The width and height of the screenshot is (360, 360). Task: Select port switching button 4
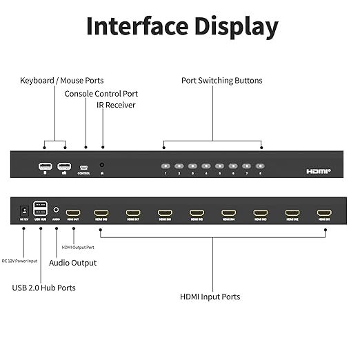pyautogui.click(x=206, y=166)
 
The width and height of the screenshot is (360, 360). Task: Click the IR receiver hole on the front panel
pyautogui.click(x=102, y=166)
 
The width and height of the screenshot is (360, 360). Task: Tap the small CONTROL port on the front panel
pyautogui.click(x=84, y=167)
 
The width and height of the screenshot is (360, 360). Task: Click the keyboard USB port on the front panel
pyautogui.click(x=46, y=166)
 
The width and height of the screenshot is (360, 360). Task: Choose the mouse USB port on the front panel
pyautogui.click(x=64, y=166)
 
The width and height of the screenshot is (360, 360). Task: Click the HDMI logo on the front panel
pyautogui.click(x=319, y=170)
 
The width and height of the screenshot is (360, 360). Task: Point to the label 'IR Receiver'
pyautogui.click(x=116, y=106)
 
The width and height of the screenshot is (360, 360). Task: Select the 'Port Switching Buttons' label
pyautogui.click(x=221, y=81)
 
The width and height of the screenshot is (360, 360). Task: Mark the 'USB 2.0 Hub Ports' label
pyautogui.click(x=44, y=287)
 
